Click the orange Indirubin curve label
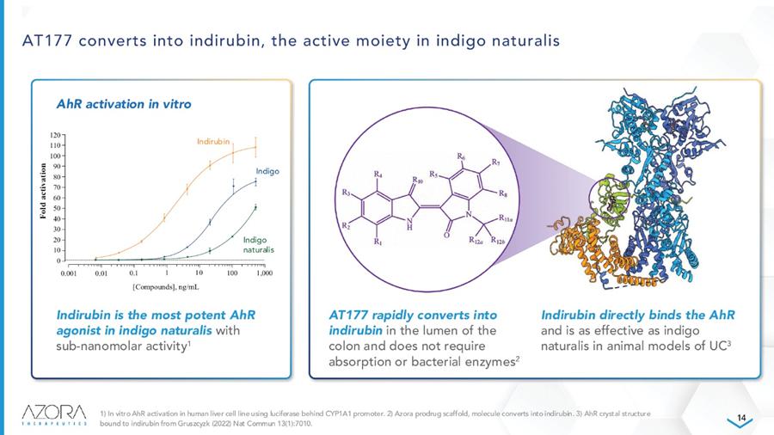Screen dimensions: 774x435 point(213,142)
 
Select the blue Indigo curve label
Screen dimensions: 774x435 point(267,171)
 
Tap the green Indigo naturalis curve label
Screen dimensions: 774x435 point(258,245)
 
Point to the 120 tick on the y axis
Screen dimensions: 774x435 point(55,135)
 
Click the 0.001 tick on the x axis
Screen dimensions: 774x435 point(69,273)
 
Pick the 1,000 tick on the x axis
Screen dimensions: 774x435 point(265,273)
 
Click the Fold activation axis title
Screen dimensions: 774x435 point(44,191)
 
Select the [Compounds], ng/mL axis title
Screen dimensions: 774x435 point(166,287)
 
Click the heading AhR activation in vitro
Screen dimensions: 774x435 point(124,104)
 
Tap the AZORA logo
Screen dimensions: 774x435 point(54,414)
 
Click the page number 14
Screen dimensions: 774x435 point(741,418)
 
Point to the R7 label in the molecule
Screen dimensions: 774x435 point(495,162)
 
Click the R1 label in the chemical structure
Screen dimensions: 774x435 point(378,242)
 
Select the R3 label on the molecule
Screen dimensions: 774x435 point(346,193)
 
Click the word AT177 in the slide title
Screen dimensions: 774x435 point(47,40)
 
